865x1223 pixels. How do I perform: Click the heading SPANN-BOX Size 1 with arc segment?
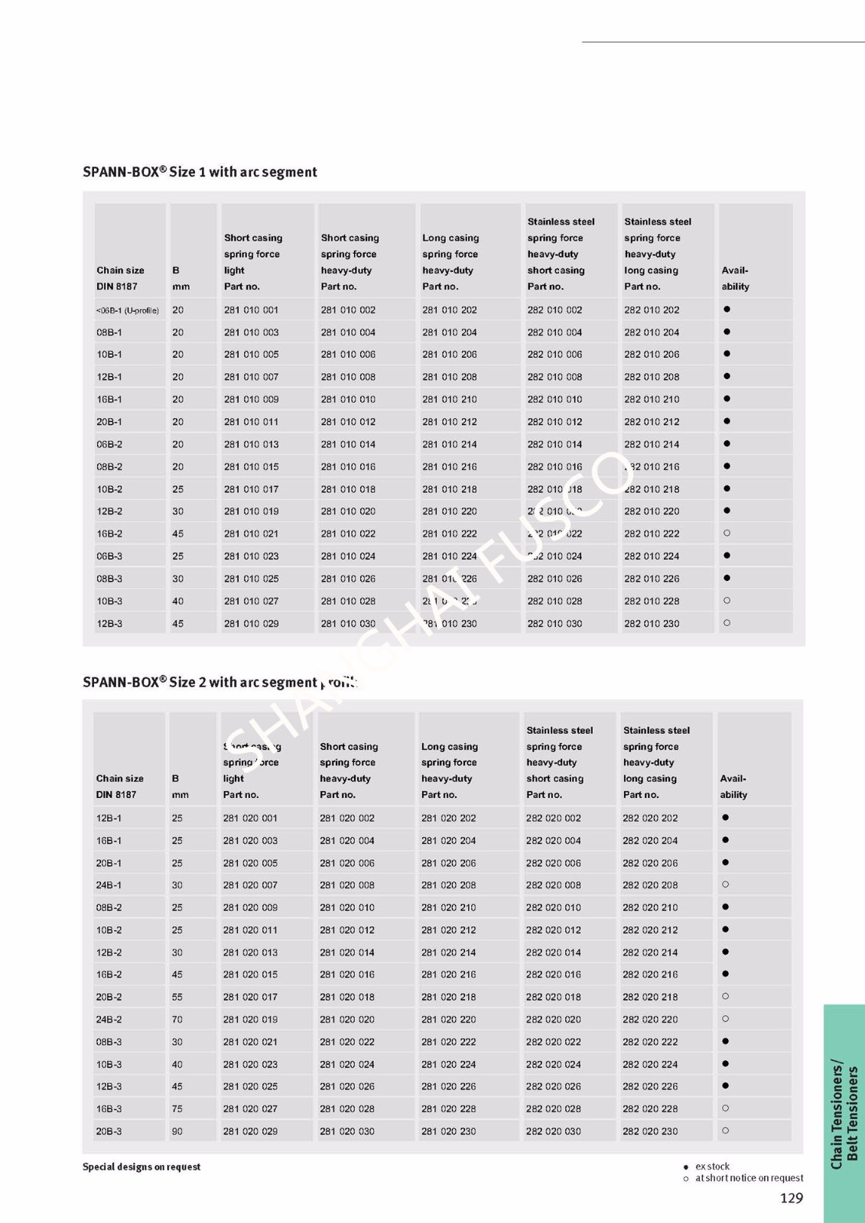[x=200, y=172]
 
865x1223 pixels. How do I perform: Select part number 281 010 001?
[x=251, y=310]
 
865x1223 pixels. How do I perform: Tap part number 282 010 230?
[x=652, y=624]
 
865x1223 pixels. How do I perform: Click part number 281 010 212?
[x=449, y=422]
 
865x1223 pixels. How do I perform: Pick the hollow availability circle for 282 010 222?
[x=727, y=534]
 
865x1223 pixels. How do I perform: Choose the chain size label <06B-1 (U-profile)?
[x=128, y=310]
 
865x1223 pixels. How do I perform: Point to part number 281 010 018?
[x=348, y=489]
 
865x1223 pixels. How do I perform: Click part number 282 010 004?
[x=554, y=333]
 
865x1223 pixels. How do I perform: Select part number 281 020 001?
[x=250, y=818]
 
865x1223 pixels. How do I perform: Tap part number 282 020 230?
[x=650, y=1131]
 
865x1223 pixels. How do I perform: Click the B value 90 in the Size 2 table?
[x=177, y=1131]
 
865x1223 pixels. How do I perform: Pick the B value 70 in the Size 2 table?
[x=177, y=1020]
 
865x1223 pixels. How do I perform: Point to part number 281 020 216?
[x=448, y=975]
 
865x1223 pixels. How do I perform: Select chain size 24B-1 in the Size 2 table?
[x=109, y=885]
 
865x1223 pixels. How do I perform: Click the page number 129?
[x=792, y=1198]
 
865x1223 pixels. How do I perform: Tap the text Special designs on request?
[x=141, y=1166]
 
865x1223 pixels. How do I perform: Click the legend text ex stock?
[x=712, y=1166]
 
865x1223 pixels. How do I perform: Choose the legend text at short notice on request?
[x=749, y=1178]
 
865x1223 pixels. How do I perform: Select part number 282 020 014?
[x=553, y=952]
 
